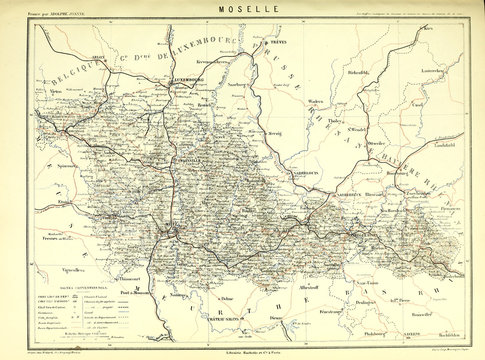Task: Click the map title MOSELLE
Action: pos(241,9)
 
